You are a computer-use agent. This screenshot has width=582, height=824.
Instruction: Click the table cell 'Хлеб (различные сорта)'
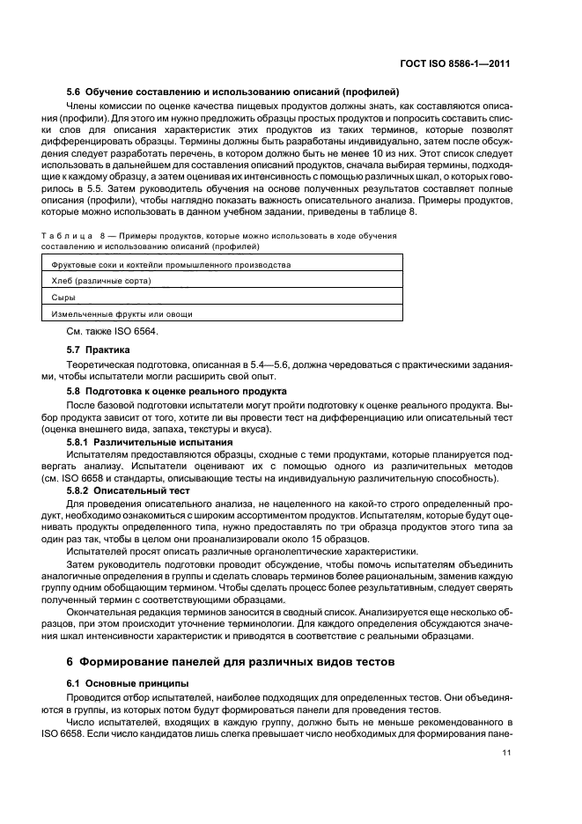tap(101, 280)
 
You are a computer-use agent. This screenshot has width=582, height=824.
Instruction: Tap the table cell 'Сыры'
tap(63, 297)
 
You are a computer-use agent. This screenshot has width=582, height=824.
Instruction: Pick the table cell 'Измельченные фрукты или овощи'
tap(122, 313)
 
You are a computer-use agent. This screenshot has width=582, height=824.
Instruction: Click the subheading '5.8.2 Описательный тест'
tap(133, 489)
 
